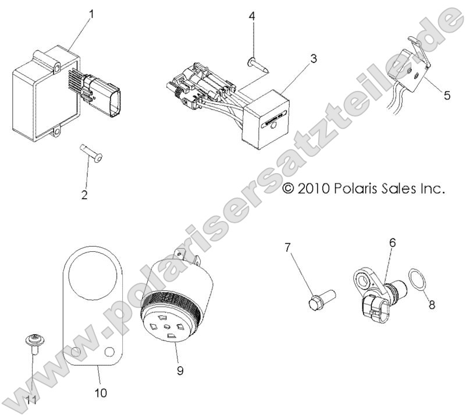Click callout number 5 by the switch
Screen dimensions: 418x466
[x=446, y=95]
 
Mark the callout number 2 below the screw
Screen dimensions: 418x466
[x=85, y=195]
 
